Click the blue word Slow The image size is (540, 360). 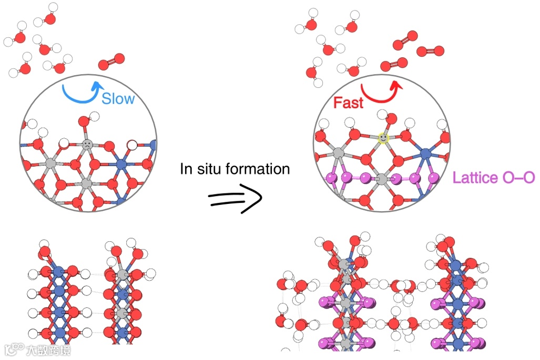click(118, 98)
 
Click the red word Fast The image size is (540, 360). click(348, 103)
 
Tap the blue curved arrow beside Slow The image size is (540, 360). click(79, 90)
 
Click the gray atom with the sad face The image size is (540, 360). click(87, 143)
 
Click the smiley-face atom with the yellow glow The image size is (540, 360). click(383, 138)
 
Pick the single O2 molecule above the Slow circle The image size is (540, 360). click(111, 61)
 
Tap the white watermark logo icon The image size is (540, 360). click(16, 349)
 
